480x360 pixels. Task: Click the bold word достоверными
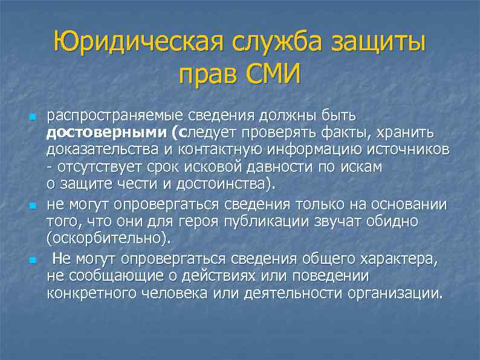point(92,133)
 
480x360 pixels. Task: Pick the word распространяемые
point(108,115)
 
